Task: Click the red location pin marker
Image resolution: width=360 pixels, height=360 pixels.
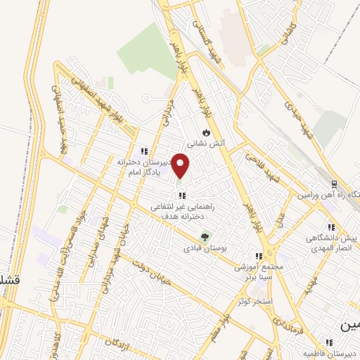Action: [x=181, y=166]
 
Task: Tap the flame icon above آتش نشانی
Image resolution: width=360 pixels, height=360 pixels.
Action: [x=205, y=131]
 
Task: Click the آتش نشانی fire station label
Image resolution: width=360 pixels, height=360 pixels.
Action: [x=210, y=143]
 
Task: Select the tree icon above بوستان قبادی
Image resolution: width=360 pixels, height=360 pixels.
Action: [x=205, y=237]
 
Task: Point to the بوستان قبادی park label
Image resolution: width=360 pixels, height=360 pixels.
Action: [x=203, y=248]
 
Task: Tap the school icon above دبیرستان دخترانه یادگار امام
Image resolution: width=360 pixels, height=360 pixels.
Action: [x=144, y=151]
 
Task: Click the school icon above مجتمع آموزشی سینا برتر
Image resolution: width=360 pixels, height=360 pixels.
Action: [x=259, y=257]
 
